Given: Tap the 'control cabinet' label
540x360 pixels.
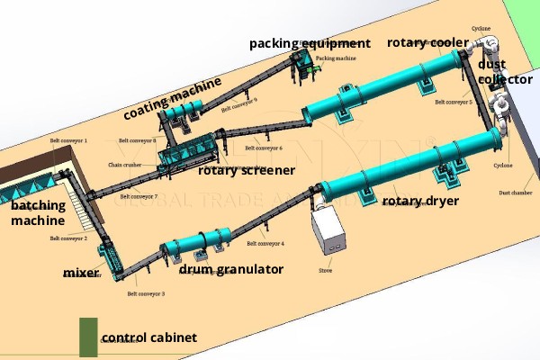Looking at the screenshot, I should [148, 337].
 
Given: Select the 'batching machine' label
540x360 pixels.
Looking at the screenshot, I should [38, 212].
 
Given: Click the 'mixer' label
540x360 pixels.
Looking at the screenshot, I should [81, 272].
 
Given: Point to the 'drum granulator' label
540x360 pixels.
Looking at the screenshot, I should [231, 269].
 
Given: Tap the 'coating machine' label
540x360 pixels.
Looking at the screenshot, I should [172, 98].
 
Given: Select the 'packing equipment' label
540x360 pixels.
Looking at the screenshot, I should [310, 43].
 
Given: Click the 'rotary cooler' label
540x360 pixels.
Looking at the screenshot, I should [428, 42].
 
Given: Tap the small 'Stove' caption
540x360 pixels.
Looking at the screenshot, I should [327, 267].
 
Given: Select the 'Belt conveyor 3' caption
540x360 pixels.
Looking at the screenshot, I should [146, 293].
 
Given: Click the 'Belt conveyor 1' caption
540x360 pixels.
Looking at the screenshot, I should [68, 141].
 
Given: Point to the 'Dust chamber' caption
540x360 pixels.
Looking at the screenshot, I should [514, 193].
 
